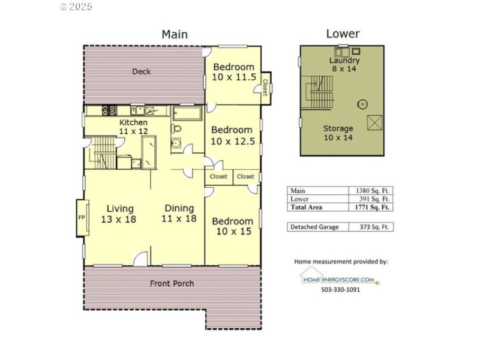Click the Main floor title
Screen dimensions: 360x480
[x=175, y=34]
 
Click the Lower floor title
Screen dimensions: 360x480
[x=343, y=34]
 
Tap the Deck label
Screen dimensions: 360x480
[x=142, y=71]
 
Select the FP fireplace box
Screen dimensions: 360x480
[x=81, y=217]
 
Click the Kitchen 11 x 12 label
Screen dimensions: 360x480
[x=133, y=127]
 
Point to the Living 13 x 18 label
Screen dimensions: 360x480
[x=118, y=214]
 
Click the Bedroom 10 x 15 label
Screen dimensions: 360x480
[x=233, y=226]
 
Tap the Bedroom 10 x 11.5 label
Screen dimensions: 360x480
[x=233, y=72]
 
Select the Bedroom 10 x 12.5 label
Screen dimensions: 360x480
[x=233, y=135]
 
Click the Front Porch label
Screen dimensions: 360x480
[x=172, y=283]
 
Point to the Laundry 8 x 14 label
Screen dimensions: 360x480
[x=344, y=65]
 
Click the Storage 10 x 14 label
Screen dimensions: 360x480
[x=338, y=133]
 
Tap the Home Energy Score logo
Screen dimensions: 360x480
[x=340, y=277]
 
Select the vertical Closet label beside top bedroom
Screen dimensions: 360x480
[x=265, y=85]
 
